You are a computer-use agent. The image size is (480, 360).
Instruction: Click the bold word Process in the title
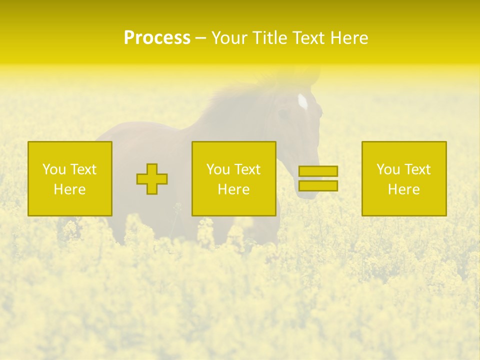157,38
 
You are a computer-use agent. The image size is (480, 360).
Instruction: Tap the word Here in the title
349,38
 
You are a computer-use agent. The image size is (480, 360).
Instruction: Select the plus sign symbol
152,179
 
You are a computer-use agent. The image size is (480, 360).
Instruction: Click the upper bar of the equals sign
318,171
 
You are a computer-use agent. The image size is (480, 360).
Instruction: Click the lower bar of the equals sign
318,185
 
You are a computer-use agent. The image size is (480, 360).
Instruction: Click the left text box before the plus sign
70,178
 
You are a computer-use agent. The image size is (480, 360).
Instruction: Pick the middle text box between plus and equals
233,178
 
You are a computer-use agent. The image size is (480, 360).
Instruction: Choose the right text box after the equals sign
404,178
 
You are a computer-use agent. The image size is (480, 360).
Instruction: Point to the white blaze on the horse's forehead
302,101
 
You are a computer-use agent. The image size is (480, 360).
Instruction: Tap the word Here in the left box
70,189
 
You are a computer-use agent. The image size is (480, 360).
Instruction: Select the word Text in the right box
417,169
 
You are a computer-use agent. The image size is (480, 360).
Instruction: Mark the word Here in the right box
404,189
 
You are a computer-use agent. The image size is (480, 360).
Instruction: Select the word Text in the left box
83,169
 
